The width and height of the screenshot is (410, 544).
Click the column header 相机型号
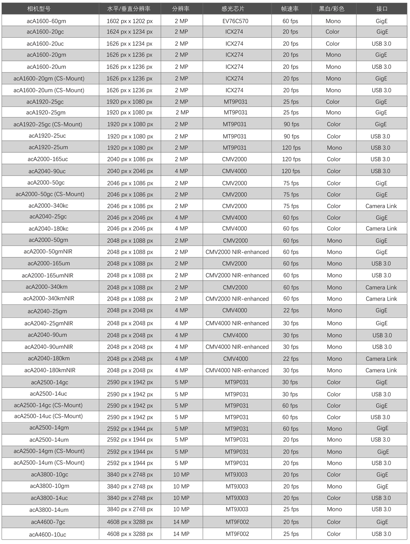(x=39, y=9)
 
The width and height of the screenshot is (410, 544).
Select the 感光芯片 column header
(x=233, y=9)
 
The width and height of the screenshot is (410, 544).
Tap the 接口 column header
(x=382, y=9)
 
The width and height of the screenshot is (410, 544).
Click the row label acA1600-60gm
(x=46, y=21)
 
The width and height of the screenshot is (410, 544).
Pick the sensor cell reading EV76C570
(x=235, y=21)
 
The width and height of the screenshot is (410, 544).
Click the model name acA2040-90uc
(x=47, y=171)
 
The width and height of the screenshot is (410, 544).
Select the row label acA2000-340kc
(x=48, y=206)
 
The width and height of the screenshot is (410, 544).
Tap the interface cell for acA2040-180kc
(x=381, y=229)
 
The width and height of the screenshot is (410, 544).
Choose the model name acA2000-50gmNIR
(x=48, y=252)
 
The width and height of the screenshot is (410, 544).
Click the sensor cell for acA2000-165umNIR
(x=237, y=275)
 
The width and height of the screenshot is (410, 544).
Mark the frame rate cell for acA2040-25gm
(x=291, y=311)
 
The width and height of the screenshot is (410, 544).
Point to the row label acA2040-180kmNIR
(x=50, y=370)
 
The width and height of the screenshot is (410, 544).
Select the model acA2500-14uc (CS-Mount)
(x=48, y=416)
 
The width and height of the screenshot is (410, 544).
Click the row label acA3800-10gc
(x=50, y=475)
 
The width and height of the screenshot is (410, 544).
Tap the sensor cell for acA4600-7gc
(x=237, y=522)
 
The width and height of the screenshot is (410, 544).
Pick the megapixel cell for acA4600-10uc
(x=181, y=534)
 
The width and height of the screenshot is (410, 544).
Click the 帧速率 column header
(x=290, y=9)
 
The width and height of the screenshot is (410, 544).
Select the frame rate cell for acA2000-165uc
(x=291, y=159)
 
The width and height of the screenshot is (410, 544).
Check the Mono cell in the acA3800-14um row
(x=334, y=510)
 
